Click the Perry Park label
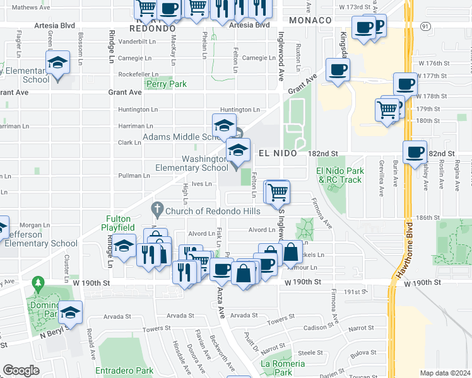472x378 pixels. click(167, 83)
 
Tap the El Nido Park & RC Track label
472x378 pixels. click(339, 175)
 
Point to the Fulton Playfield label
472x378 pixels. click(127, 219)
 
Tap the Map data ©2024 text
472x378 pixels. click(445, 373)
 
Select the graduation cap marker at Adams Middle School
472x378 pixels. click(224, 125)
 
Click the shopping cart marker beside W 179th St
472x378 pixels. click(387, 108)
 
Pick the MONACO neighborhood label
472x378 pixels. click(310, 21)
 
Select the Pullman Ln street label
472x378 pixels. click(133, 176)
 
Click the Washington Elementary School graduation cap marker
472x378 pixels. click(238, 150)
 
